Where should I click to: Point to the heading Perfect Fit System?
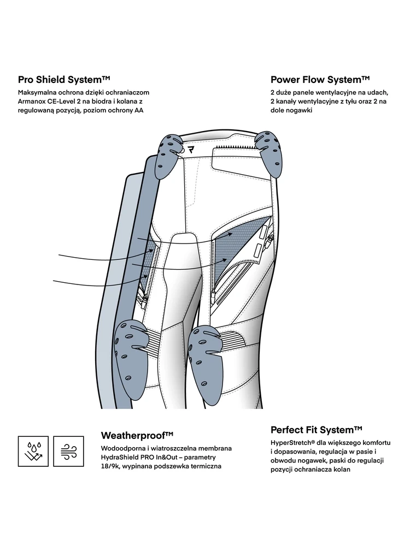[x=317, y=430]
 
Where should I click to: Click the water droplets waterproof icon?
[x=34, y=451]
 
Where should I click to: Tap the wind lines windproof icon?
[x=68, y=451]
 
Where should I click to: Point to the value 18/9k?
[x=112, y=467]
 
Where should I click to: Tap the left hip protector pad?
[x=171, y=156]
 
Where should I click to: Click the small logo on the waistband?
[x=191, y=149]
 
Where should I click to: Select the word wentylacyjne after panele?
[x=343, y=92]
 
